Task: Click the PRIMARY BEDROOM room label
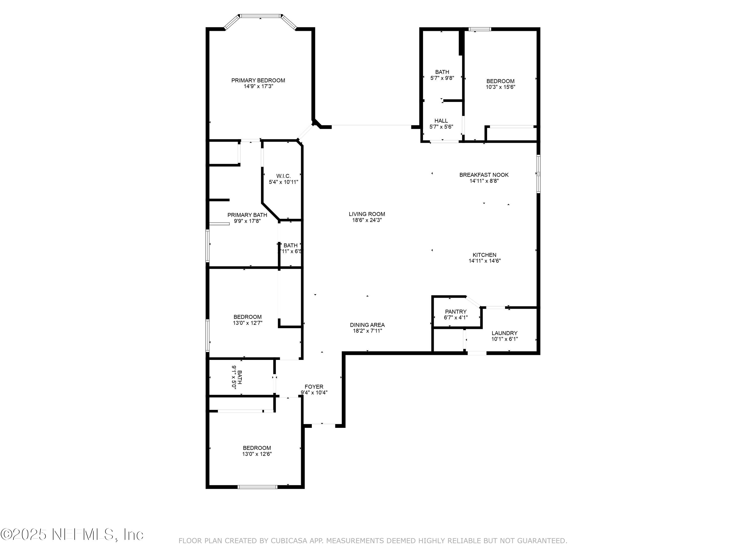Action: [x=258, y=80]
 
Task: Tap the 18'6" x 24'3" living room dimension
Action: [x=367, y=220]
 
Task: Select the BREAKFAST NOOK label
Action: [x=484, y=175]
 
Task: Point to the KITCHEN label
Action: [x=484, y=255]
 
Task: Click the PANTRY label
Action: [x=456, y=312]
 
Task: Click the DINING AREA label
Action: [x=367, y=325]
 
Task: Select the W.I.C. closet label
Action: [x=283, y=176]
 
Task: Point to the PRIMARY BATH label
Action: [x=247, y=215]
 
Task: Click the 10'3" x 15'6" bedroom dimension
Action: [x=500, y=87]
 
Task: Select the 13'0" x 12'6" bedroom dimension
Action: [x=257, y=454]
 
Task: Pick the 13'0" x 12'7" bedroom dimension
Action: [x=247, y=323]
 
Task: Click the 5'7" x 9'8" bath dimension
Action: [x=442, y=78]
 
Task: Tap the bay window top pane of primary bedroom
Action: [x=260, y=15]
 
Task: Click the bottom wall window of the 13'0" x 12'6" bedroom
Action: [x=257, y=487]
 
